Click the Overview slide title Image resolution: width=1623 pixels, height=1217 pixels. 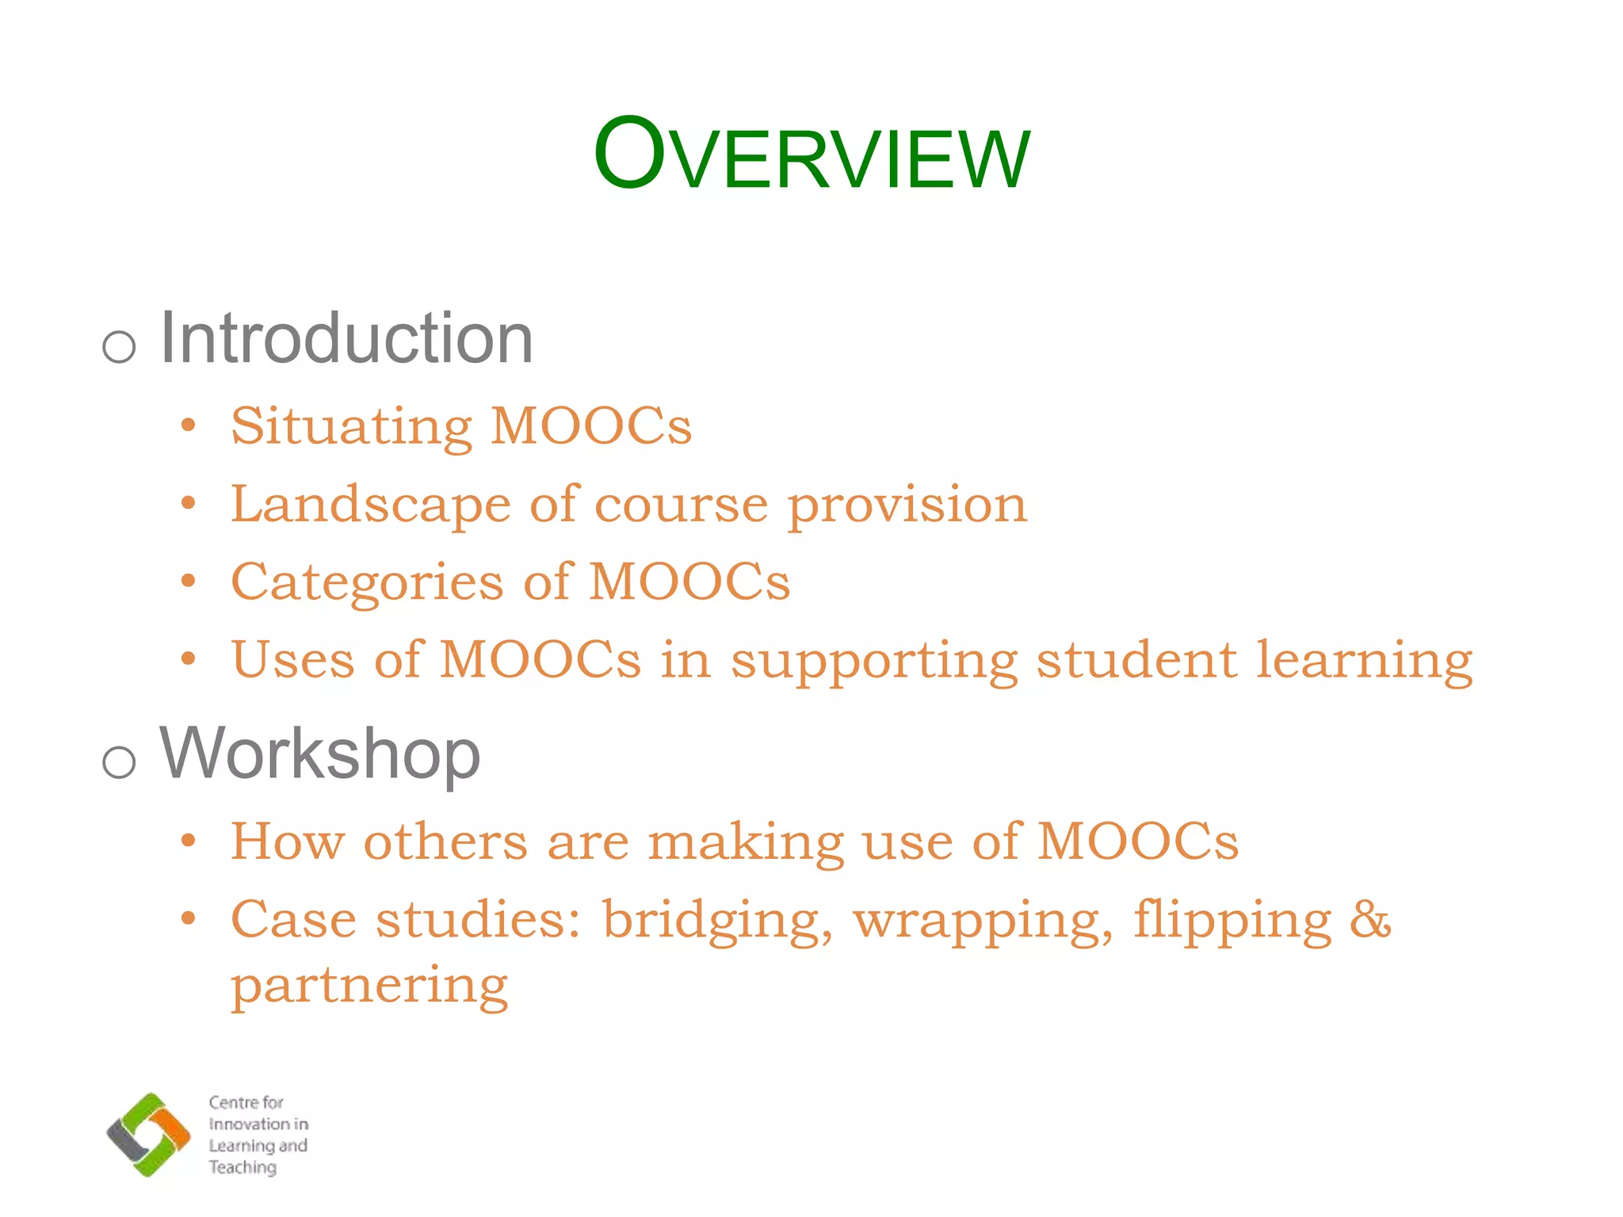[811, 155]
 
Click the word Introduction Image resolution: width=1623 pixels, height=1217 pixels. [346, 339]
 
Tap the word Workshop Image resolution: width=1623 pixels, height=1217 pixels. [320, 753]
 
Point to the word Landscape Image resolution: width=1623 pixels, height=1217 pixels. [370, 505]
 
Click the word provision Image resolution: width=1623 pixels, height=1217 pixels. [907, 505]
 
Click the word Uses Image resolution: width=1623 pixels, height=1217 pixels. [292, 660]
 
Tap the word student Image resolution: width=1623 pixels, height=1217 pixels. [1136, 660]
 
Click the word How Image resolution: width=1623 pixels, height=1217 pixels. [288, 841]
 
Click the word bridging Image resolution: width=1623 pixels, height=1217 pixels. [717, 921]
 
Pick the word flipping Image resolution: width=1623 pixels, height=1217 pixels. [1232, 921]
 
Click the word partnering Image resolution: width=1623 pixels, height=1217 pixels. [369, 987]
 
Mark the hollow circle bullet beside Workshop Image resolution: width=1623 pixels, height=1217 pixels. [120, 762]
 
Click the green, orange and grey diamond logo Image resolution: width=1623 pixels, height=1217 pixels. [149, 1134]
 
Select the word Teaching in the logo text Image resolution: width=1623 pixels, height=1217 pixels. [242, 1167]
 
